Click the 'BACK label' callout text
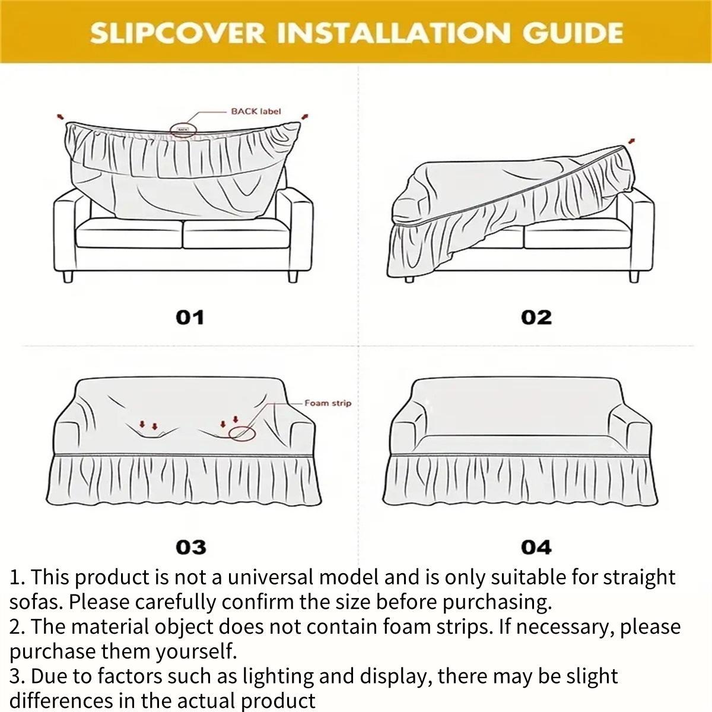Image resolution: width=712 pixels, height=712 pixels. (x=256, y=111)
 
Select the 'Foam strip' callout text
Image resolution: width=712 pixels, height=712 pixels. (x=328, y=403)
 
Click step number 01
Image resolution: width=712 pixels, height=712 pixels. (x=190, y=317)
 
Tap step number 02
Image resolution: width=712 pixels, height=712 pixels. (x=536, y=317)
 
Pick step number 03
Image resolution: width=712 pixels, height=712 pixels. (x=190, y=546)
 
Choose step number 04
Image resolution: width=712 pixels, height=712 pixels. (x=536, y=546)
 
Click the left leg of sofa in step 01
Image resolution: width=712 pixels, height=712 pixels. (x=68, y=276)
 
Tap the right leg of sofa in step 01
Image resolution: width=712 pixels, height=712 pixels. (x=292, y=276)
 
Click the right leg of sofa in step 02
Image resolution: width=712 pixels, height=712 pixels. (x=634, y=276)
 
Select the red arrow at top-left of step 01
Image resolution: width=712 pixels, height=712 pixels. (x=59, y=117)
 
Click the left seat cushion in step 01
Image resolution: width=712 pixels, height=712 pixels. (x=129, y=233)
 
